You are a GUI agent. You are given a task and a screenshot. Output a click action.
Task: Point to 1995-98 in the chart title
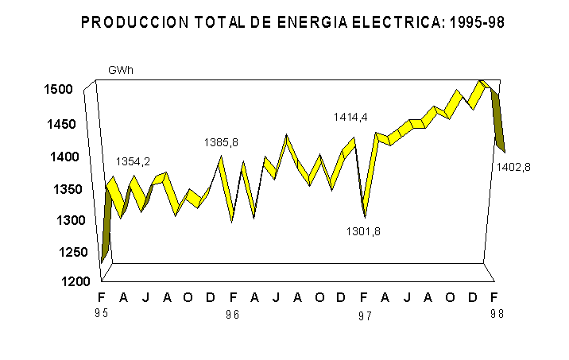pos(477,23)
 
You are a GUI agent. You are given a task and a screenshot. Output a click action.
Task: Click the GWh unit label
pos(120,70)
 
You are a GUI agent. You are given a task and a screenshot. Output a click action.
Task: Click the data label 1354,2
pos(133,161)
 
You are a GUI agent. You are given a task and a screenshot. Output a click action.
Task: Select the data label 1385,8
pos(221,142)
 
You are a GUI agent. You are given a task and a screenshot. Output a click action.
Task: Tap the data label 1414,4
pos(350,117)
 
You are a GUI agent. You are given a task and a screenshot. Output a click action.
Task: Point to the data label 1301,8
pos(362,231)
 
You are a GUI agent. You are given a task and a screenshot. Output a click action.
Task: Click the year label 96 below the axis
pos(232,315)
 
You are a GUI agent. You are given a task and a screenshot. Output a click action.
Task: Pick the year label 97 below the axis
pos(364,315)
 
